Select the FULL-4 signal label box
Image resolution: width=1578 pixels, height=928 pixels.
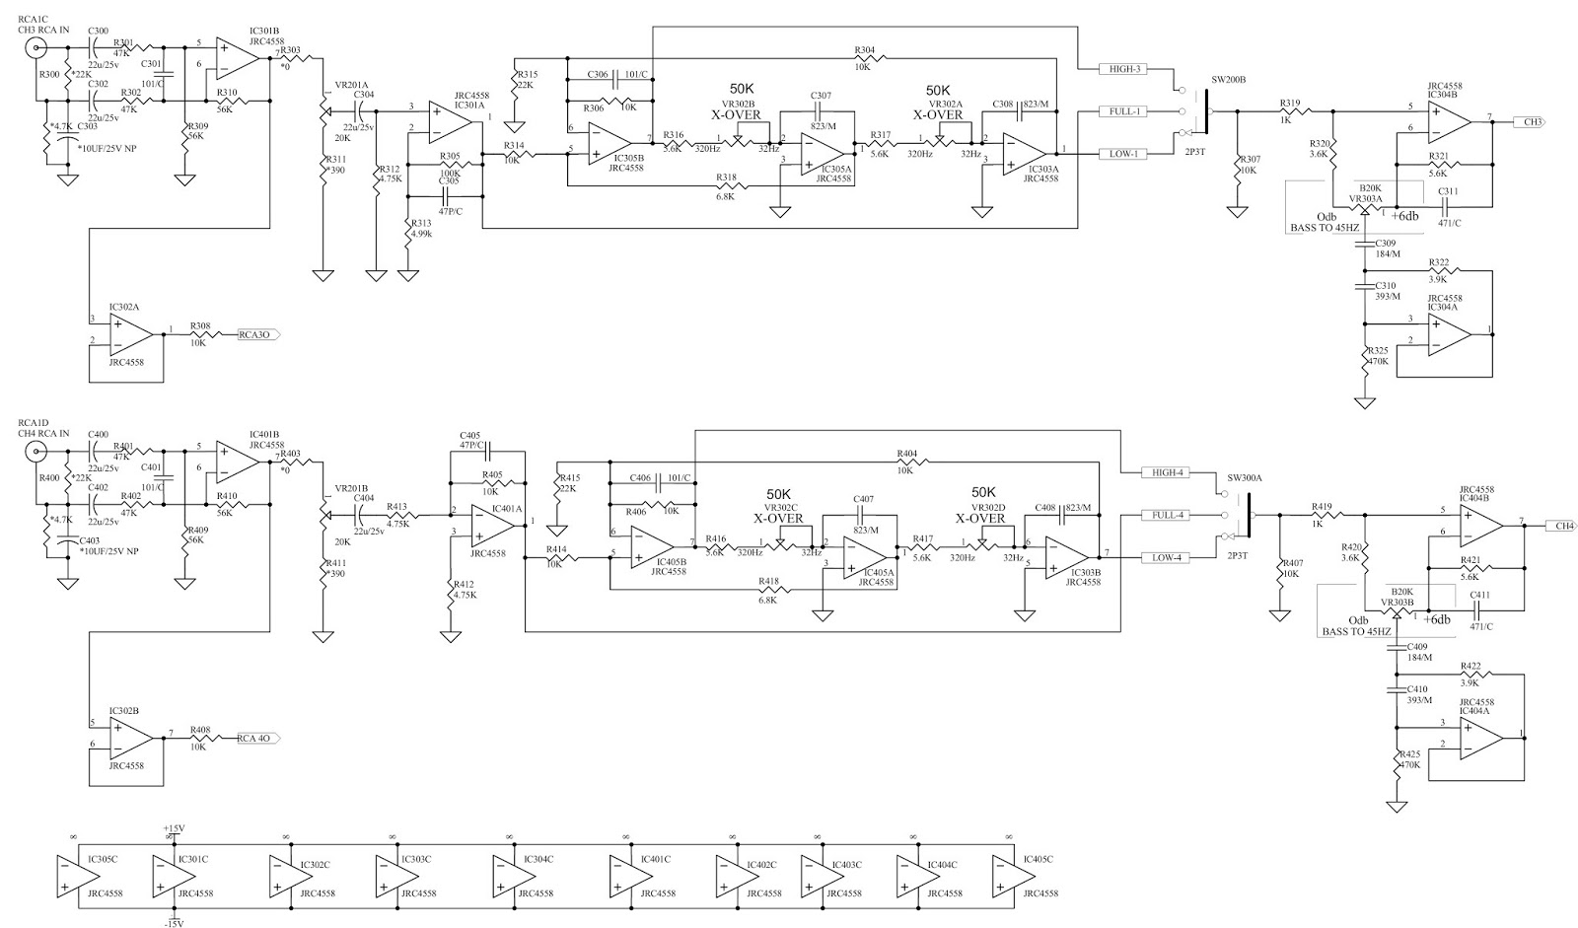pos(1167,515)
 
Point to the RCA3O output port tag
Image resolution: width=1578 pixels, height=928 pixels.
pos(258,335)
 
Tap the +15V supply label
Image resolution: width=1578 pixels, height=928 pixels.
pos(176,827)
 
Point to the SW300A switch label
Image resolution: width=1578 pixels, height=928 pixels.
pos(1243,477)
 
